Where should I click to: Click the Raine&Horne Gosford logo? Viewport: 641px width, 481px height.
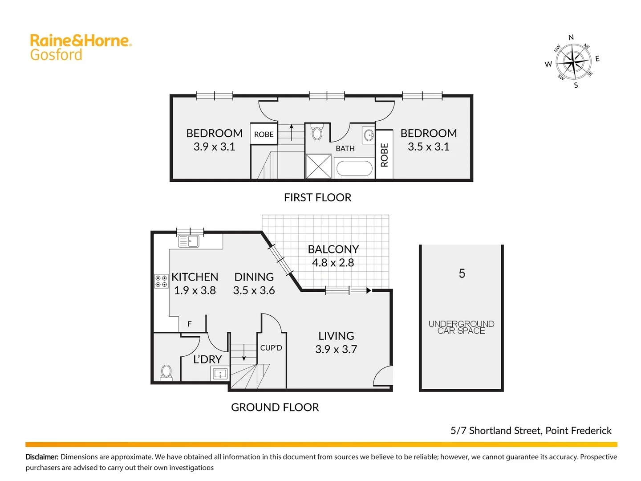click(80, 47)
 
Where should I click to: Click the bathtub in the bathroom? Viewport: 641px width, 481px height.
click(354, 168)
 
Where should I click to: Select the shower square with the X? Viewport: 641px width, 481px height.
click(318, 166)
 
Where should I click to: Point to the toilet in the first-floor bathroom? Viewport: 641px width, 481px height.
click(317, 133)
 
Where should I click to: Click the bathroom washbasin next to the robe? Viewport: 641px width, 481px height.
click(369, 135)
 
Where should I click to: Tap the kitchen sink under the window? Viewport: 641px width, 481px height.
click(188, 241)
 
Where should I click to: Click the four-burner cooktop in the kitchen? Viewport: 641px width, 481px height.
click(161, 281)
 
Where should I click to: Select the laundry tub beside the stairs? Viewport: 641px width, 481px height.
click(220, 374)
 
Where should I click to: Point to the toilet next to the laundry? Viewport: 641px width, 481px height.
click(166, 372)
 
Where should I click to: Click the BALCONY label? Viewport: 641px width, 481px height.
click(333, 249)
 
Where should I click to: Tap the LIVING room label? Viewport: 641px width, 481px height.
click(336, 336)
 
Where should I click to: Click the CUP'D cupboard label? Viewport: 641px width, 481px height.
click(271, 348)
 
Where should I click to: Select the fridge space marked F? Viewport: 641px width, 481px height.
click(190, 324)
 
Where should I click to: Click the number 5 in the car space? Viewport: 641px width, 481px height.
click(462, 273)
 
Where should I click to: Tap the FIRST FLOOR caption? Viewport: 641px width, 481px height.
click(317, 197)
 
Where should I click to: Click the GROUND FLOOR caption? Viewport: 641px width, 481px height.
click(275, 407)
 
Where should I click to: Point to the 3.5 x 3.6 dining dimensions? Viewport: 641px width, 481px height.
click(254, 290)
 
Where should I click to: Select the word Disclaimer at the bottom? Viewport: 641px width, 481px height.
click(42, 457)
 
